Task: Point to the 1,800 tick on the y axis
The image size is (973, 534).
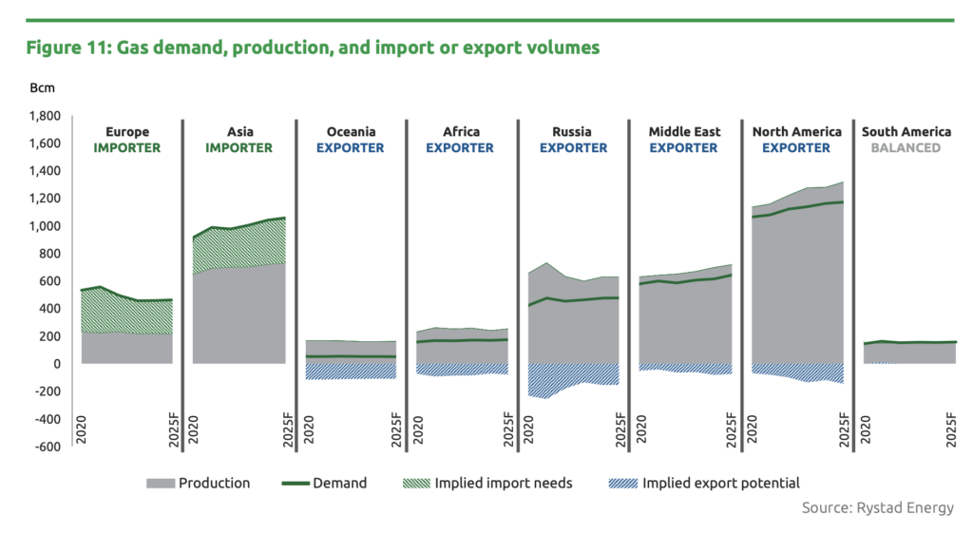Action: click(x=44, y=116)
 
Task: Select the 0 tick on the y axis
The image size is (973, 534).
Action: click(x=57, y=364)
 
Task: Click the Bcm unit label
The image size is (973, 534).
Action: click(x=43, y=88)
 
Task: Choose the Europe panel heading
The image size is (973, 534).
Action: click(x=126, y=132)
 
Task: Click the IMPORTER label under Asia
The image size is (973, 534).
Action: click(x=238, y=148)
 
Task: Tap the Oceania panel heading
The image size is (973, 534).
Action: click(x=351, y=132)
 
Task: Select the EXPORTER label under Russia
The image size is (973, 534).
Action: click(x=573, y=148)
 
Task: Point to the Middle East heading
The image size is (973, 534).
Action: click(x=684, y=132)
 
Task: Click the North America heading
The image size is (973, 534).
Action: click(x=796, y=132)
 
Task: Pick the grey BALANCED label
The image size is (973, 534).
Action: click(x=908, y=148)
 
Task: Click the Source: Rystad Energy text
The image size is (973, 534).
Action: click(x=877, y=507)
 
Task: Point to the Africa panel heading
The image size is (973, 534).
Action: click(x=461, y=132)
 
